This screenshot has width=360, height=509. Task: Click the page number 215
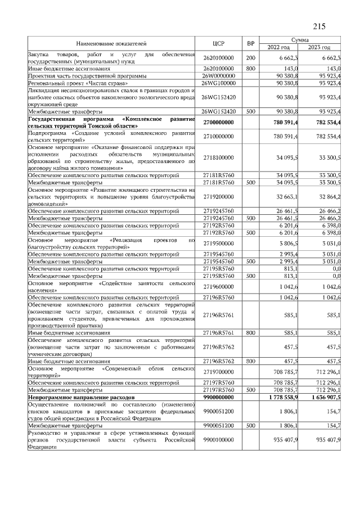tap(319, 26)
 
